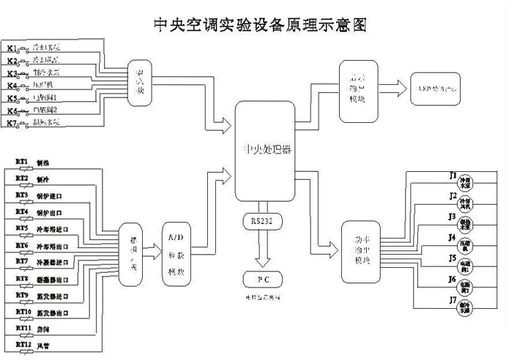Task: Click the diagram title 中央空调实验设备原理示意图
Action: point(253,24)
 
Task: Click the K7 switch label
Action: point(12,122)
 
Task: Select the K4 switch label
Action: point(12,86)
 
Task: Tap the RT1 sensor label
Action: point(21,161)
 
